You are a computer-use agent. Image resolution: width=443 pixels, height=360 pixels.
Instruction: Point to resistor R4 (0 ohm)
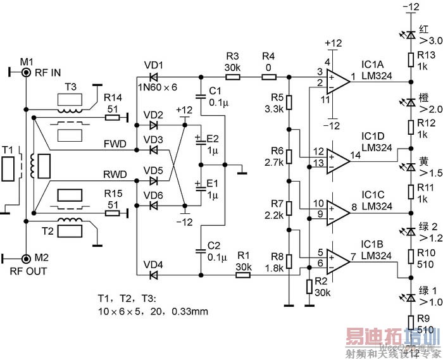pyautogui.click(x=268, y=77)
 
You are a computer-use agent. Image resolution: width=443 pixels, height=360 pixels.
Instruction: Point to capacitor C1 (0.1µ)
pyautogui.click(x=200, y=97)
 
